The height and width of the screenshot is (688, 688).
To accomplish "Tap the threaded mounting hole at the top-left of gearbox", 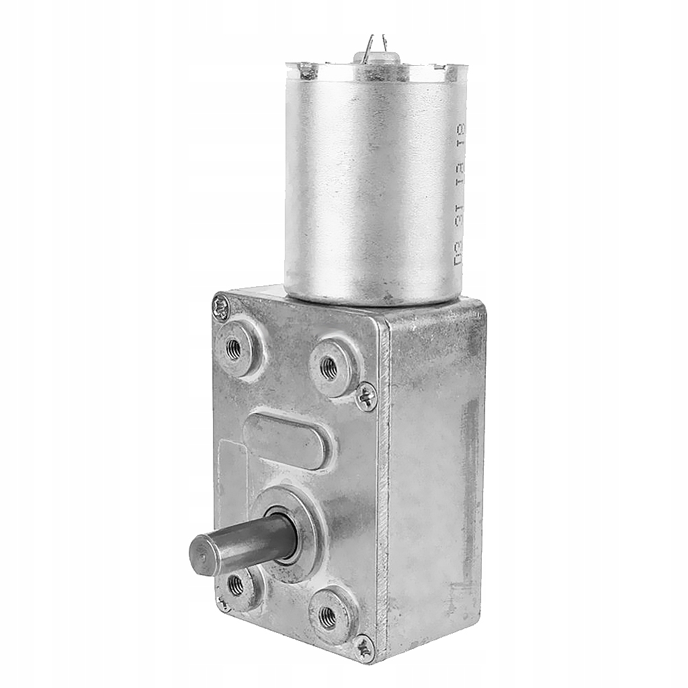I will tap(233, 349).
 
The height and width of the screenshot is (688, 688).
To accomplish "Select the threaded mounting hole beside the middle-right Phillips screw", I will tap(329, 367).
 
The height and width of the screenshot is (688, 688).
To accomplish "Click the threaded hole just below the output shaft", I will tap(236, 585).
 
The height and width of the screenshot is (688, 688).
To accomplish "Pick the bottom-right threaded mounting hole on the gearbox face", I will tap(328, 616).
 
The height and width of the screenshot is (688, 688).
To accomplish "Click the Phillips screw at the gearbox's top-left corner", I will tap(220, 308).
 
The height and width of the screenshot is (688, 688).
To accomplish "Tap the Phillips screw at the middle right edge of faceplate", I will tap(366, 396).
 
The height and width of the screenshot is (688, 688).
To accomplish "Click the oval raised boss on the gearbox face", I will tap(287, 440).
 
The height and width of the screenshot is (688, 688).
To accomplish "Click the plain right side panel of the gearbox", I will tap(437, 470).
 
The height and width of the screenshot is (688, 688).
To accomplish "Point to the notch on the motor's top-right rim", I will tap(440, 67).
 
